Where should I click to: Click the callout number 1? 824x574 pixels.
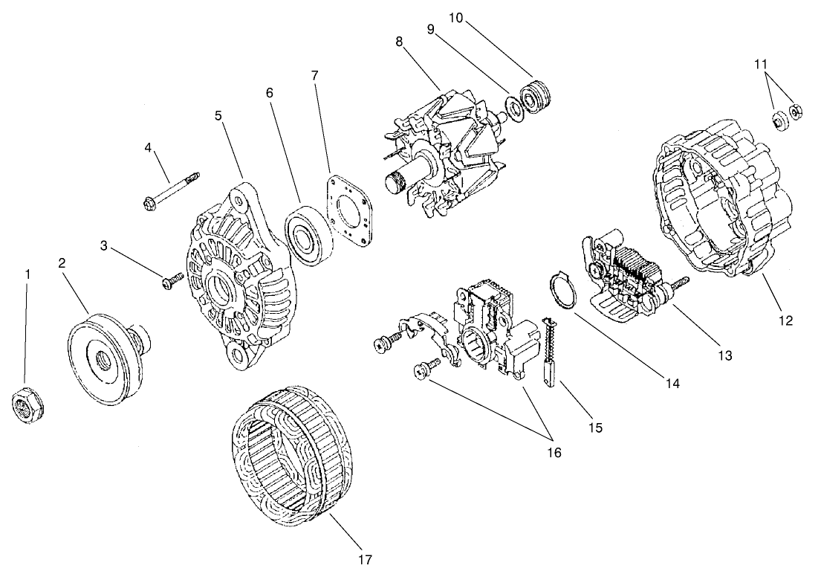tap(28, 274)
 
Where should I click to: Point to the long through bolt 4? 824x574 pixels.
tap(169, 190)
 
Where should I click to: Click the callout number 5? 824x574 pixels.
tap(218, 116)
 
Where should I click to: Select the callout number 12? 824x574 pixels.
tap(786, 321)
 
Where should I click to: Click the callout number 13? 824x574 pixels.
tap(725, 355)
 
